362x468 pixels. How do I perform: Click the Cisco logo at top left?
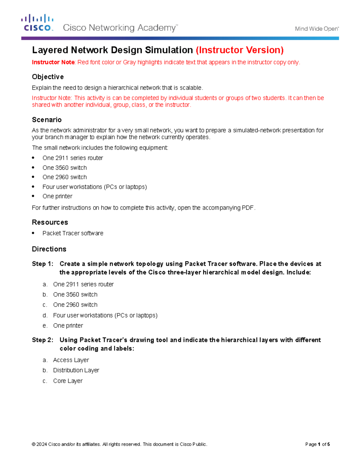click(37, 23)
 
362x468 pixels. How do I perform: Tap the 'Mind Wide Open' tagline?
click(317, 29)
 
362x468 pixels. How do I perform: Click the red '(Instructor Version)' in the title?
click(240, 50)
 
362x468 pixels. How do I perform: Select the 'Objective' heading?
click(48, 77)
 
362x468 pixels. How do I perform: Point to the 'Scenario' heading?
click(47, 120)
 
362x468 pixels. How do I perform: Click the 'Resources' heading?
click(50, 222)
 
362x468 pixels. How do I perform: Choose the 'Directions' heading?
click(49, 249)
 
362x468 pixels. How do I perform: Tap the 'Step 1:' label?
click(43, 264)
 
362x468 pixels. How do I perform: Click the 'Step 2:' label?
click(43, 340)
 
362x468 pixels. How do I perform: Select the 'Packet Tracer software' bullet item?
click(73, 233)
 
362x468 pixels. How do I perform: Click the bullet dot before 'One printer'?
click(33, 196)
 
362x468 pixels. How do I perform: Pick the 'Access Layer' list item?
click(71, 360)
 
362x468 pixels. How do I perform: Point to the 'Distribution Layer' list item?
click(76, 370)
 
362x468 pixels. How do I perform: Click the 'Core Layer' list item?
click(68, 381)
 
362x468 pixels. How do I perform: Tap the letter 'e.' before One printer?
click(45, 326)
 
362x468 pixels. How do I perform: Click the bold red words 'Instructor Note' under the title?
click(53, 62)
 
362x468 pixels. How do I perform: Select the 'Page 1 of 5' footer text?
click(317, 444)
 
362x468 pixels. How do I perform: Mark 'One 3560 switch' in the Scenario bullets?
click(65, 168)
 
